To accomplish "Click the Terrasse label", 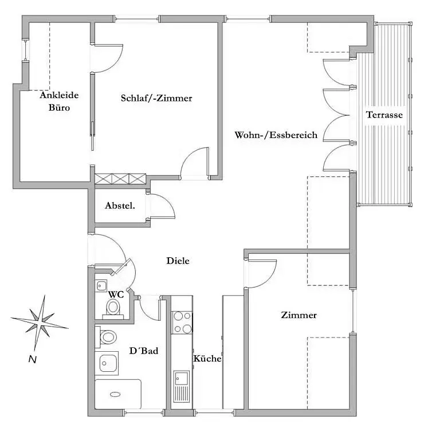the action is coord(384,115).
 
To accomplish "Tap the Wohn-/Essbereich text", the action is coord(276,135).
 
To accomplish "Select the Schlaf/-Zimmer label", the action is coord(156,98).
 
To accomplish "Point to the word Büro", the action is coord(59,108).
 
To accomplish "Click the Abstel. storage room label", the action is coord(120,206).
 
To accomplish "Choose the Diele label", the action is coord(178,261).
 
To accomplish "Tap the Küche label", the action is coord(207,358).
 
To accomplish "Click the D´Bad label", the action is coord(144,351).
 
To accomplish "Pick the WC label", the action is coord(116,294).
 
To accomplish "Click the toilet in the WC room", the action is coord(113,309).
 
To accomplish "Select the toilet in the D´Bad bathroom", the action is coord(106,337).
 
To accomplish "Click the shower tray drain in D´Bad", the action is coord(115,394).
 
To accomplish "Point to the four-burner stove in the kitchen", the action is coord(182,323).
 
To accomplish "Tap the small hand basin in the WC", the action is coord(101,286).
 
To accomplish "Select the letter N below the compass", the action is coord(33,359).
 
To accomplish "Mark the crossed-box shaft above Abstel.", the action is coord(120,179).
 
